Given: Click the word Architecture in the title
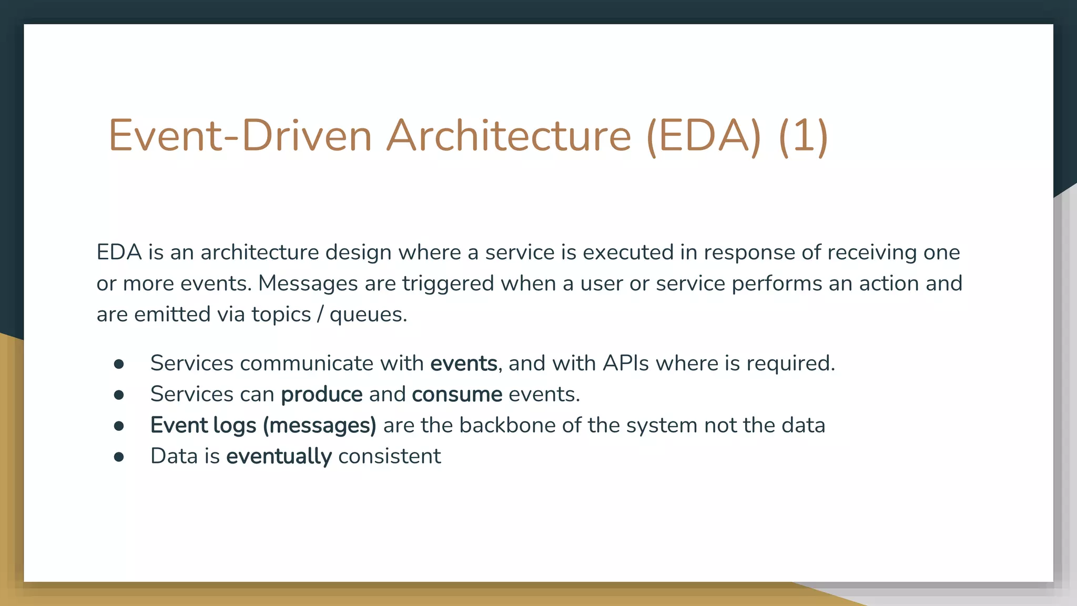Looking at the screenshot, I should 509,136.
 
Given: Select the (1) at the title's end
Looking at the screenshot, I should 803,136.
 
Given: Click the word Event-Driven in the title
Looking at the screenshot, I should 240,136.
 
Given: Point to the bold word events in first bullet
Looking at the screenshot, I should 463,363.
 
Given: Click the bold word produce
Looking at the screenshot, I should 321,395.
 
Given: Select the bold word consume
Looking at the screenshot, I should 456,395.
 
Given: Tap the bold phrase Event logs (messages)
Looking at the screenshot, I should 263,426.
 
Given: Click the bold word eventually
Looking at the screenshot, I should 279,456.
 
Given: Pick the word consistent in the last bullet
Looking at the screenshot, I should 389,456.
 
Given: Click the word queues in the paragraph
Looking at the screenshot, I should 368,315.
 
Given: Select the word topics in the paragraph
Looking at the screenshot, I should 281,315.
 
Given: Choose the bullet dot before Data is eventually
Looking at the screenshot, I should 119,457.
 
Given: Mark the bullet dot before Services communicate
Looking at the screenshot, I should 119,364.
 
